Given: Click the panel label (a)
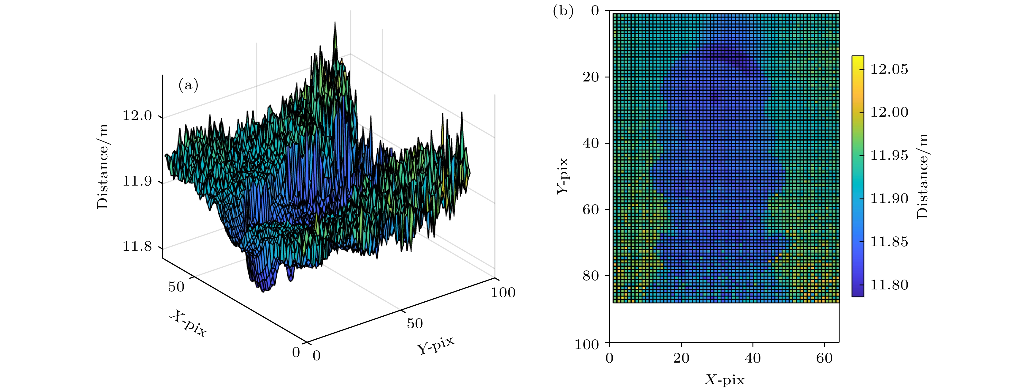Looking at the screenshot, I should pyautogui.click(x=188, y=85).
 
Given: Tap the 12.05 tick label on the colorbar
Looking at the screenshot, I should pyautogui.click(x=889, y=69).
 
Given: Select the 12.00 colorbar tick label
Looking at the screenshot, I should pyautogui.click(x=889, y=112).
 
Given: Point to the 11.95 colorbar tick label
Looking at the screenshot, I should pyautogui.click(x=889, y=155).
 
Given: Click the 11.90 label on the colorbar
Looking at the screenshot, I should pyautogui.click(x=889, y=198).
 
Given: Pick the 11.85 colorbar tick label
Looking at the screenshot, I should pyautogui.click(x=889, y=242).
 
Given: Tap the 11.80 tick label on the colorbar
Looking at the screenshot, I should pyautogui.click(x=889, y=285).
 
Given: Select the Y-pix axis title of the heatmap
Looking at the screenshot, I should pyautogui.click(x=562, y=176).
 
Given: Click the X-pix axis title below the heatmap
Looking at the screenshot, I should pyautogui.click(x=724, y=380).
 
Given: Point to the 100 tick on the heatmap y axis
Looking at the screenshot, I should pyautogui.click(x=587, y=344).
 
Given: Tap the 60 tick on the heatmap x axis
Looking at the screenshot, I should pyautogui.click(x=824, y=358).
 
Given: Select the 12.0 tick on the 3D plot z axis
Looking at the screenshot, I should pyautogui.click(x=137, y=116).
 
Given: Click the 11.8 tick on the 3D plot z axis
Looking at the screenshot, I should pyautogui.click(x=137, y=246).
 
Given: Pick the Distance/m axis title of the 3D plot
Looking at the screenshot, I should pyautogui.click(x=102, y=166).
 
